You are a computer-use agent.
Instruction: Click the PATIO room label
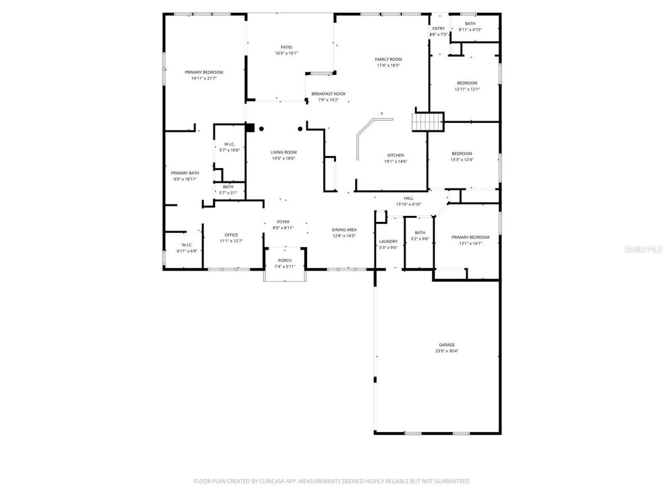point(286,47)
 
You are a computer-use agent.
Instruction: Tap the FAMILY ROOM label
point(389,59)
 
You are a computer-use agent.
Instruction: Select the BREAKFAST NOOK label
point(328,94)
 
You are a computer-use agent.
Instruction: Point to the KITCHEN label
point(396,155)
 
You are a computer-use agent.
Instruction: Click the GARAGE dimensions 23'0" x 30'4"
point(447,351)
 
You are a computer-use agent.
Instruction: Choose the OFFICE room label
point(231,235)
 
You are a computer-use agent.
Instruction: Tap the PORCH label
point(285,260)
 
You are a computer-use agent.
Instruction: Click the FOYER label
point(283,222)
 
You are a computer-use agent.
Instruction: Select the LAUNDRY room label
point(388,241)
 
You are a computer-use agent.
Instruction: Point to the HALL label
point(409,198)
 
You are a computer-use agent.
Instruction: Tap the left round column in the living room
point(261,129)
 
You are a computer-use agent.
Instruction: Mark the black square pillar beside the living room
point(250,128)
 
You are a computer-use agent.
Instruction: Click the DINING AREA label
point(344,230)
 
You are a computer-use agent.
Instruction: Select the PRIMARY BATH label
point(185,173)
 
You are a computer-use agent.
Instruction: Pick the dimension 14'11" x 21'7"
point(204,78)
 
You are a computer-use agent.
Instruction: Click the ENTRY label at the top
point(438,29)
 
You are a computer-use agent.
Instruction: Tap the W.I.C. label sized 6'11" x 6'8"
point(187,245)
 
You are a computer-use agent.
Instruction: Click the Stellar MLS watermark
point(643,249)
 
